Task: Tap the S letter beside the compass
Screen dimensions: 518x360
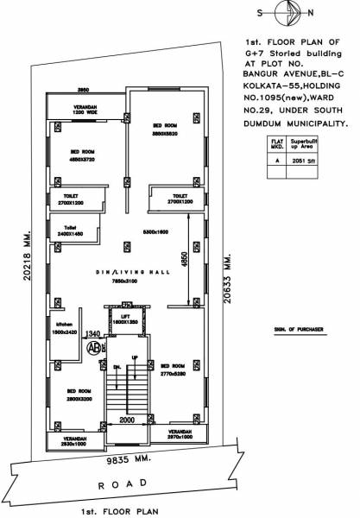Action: coord(261,12)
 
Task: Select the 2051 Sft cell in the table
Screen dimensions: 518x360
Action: coord(303,160)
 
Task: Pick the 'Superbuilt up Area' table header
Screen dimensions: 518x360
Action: coord(303,142)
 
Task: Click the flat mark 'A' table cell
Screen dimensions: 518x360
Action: coord(275,160)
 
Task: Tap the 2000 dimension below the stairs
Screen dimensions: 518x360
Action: coord(128,420)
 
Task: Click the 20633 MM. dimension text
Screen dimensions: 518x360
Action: coord(228,286)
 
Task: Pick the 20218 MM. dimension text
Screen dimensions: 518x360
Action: coord(28,267)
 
